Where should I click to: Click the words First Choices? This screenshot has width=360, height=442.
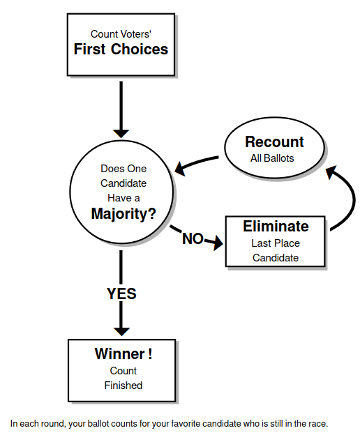coord(121,49)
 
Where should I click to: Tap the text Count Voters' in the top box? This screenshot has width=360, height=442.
coord(121,34)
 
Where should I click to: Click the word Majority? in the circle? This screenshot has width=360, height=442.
coord(123,213)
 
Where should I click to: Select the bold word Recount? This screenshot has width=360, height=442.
coord(274,142)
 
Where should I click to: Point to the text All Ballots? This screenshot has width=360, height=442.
coord(272,158)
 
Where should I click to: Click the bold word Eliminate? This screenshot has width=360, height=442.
coord(276,227)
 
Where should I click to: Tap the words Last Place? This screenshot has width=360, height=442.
coord(276,243)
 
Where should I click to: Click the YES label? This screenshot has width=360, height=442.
coord(121,294)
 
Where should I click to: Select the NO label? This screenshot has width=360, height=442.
coord(193,238)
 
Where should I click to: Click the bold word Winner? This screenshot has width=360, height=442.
coord(120,353)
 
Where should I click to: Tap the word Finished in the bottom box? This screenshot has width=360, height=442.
coord(123,386)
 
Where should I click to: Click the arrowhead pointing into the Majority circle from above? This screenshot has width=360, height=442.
coord(121,134)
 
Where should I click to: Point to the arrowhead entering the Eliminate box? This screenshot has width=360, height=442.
coord(218,243)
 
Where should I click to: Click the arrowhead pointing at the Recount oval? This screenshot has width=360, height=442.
coord(331,172)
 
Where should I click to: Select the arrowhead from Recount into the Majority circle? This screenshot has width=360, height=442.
coord(180,169)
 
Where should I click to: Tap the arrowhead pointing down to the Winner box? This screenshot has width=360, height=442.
coord(121,332)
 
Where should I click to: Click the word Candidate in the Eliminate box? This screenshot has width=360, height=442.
coord(276,258)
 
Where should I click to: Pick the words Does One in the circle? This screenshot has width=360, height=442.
coord(123,169)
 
